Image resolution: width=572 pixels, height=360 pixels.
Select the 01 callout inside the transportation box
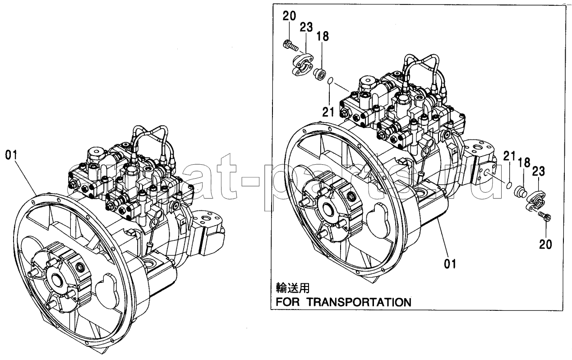coord(450,263)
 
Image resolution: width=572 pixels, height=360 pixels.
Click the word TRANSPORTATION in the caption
coord(360,302)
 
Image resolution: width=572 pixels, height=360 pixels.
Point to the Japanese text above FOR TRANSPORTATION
coord(293,287)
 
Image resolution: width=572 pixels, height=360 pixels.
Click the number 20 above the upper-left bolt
coord(290,17)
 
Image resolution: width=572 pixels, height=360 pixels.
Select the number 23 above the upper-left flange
coord(306,28)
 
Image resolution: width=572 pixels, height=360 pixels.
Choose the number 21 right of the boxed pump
coord(509,157)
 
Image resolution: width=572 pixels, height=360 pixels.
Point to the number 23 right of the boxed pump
coord(539,171)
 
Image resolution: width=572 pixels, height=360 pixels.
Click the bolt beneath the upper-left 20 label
coord(290,45)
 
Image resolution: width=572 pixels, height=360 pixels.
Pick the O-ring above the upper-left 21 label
coord(330,82)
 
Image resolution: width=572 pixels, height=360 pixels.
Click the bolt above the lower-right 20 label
coord(545,217)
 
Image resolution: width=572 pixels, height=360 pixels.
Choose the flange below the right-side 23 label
coord(536,201)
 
